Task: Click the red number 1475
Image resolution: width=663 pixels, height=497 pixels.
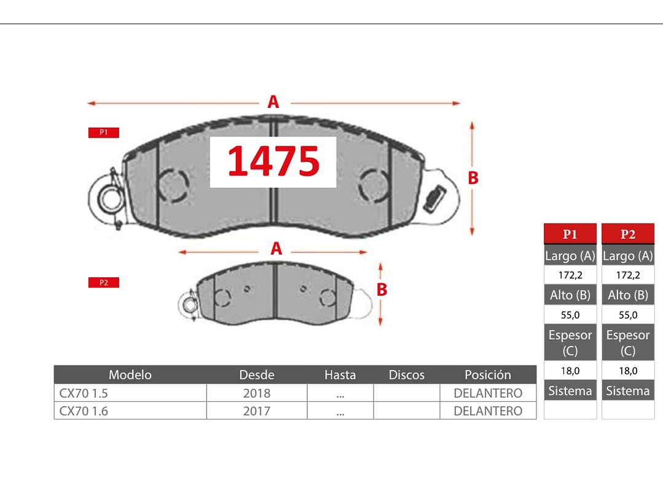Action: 273,162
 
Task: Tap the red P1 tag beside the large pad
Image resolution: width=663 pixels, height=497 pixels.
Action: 103,133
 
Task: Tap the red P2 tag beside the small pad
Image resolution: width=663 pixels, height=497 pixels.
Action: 103,283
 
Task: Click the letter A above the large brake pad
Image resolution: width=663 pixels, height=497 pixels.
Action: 273,102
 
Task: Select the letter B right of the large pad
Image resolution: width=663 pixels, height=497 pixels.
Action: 473,178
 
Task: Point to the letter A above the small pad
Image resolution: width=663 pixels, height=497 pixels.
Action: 277,249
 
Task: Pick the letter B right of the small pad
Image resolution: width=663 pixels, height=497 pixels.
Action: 382,289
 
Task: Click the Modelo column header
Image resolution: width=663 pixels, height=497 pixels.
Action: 130,375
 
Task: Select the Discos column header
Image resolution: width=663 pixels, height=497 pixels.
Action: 406,375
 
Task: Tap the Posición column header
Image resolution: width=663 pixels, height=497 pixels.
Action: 487,375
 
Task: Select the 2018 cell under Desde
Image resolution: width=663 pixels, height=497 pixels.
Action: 256,393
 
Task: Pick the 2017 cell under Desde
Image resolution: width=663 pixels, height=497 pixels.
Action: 256,411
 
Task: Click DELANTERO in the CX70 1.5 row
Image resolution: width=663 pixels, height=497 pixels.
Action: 487,393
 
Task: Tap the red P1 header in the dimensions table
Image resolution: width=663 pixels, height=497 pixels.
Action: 570,234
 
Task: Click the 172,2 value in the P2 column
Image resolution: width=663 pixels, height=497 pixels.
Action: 627,275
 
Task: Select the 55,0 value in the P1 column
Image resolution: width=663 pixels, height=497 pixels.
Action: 570,315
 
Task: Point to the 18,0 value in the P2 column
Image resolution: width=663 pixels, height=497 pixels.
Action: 627,370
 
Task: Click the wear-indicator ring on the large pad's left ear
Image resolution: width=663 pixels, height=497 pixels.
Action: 111,198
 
